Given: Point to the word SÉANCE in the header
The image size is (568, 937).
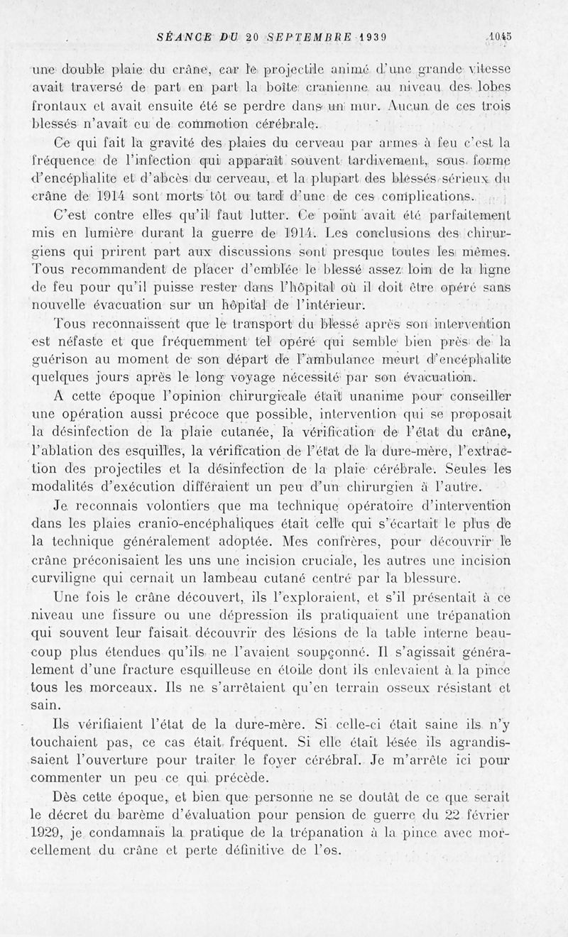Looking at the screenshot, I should pos(185,40).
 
